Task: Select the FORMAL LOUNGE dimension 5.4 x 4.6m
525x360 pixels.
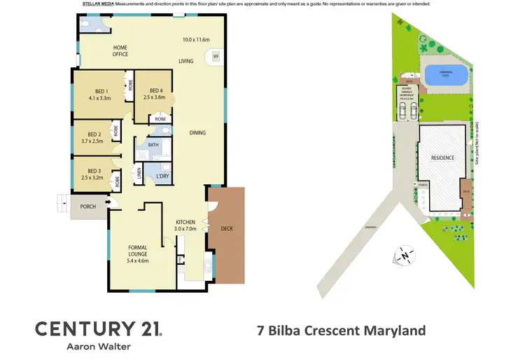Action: pos(138,261)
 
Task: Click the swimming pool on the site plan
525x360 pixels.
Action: pos(446,74)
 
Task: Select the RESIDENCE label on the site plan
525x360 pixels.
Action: pos(442,158)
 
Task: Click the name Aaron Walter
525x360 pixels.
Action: pos(98,346)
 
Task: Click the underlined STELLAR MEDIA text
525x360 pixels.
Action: pos(98,4)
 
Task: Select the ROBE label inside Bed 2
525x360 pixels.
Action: pos(116,130)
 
